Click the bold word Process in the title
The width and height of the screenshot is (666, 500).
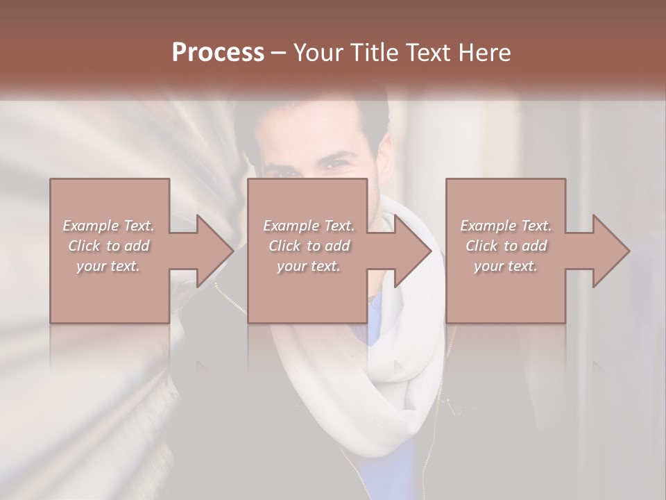[218, 53]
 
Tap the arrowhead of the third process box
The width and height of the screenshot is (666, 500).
[611, 251]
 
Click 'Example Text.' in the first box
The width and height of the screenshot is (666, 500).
[109, 226]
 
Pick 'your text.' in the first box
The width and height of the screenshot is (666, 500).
[109, 266]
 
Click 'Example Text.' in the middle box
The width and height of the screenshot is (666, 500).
[309, 226]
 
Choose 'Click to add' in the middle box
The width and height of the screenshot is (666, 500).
[309, 246]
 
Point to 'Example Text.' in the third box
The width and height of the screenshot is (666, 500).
[506, 226]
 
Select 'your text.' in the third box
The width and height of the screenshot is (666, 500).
[506, 266]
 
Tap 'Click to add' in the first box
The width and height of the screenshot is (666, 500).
[109, 246]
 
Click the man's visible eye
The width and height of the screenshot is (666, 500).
[338, 164]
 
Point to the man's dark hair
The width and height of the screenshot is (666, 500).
[312, 115]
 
